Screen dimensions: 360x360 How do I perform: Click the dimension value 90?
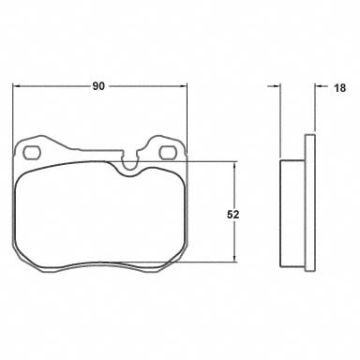[98, 86]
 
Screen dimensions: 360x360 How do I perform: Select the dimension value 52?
[232, 215]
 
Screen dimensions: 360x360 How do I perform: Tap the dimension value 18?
[340, 88]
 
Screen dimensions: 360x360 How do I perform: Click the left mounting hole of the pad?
[33, 153]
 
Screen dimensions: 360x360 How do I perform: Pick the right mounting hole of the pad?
[169, 153]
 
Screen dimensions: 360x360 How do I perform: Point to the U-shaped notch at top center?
[130, 162]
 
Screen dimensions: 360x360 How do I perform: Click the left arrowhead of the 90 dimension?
[16, 86]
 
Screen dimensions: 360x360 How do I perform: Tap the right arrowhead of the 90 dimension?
[183, 86]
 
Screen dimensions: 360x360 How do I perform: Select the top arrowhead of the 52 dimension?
[234, 166]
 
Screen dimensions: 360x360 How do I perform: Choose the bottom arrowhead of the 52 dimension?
[234, 258]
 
